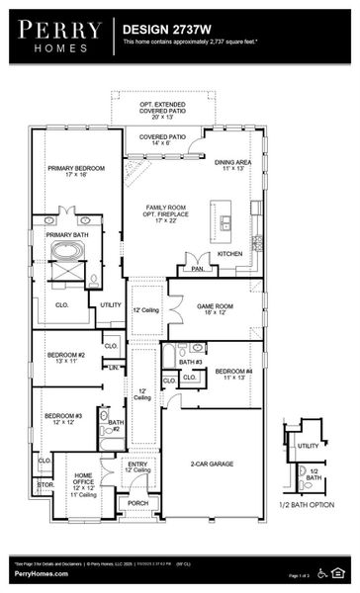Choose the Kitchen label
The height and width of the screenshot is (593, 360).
click(x=229, y=254)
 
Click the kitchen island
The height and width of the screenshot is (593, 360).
click(x=220, y=219)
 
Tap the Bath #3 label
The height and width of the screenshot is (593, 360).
click(x=191, y=363)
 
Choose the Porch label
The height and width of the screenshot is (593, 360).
click(x=137, y=504)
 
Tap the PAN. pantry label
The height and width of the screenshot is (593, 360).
click(x=198, y=268)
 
